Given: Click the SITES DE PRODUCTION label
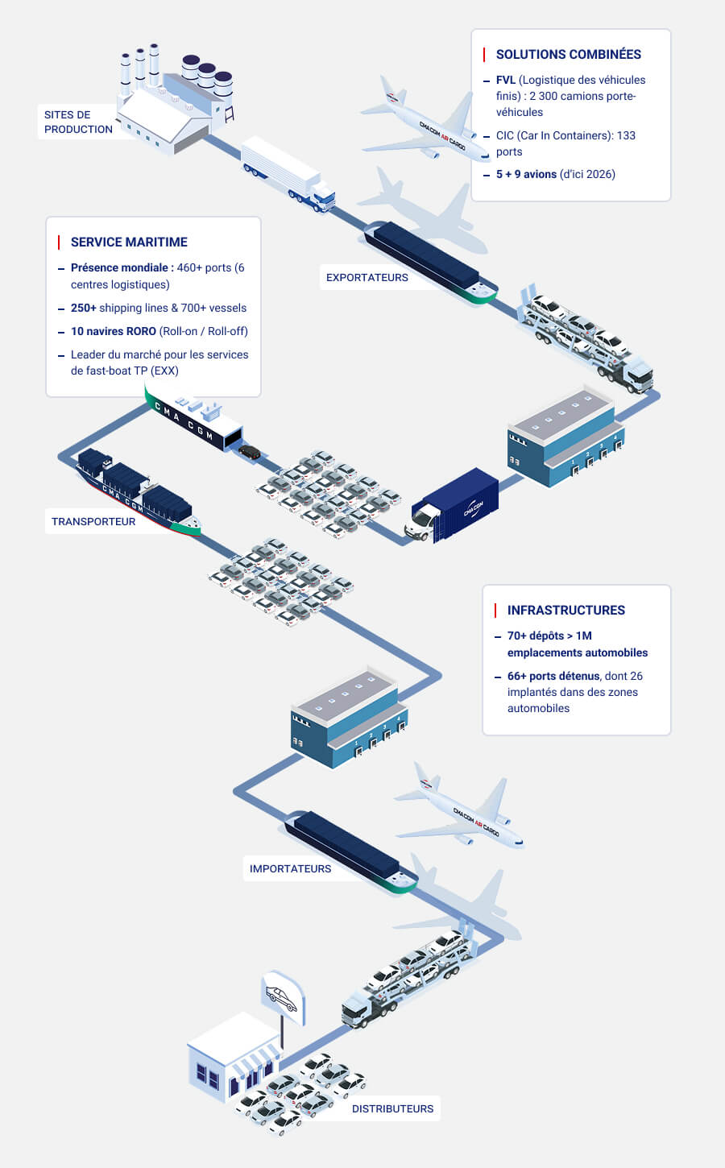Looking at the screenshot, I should point(78,122).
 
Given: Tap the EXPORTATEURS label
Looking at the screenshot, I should point(367,277).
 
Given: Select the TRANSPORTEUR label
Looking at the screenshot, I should point(93,521).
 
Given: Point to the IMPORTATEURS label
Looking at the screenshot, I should point(290,868).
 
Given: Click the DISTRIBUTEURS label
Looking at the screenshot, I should point(392,1108).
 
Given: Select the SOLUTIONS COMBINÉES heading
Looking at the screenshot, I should point(568,54).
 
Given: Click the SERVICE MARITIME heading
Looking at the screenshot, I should point(129,242).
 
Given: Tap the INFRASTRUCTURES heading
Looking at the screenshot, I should point(565,610).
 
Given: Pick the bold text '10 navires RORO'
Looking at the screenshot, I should point(113,331).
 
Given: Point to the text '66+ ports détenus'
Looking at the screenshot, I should point(553,676).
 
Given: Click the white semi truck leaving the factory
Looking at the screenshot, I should point(286,174).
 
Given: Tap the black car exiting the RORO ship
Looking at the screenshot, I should point(250,452).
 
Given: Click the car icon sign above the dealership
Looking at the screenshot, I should point(283,998).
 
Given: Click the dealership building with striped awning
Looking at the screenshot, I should point(234,1059).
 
